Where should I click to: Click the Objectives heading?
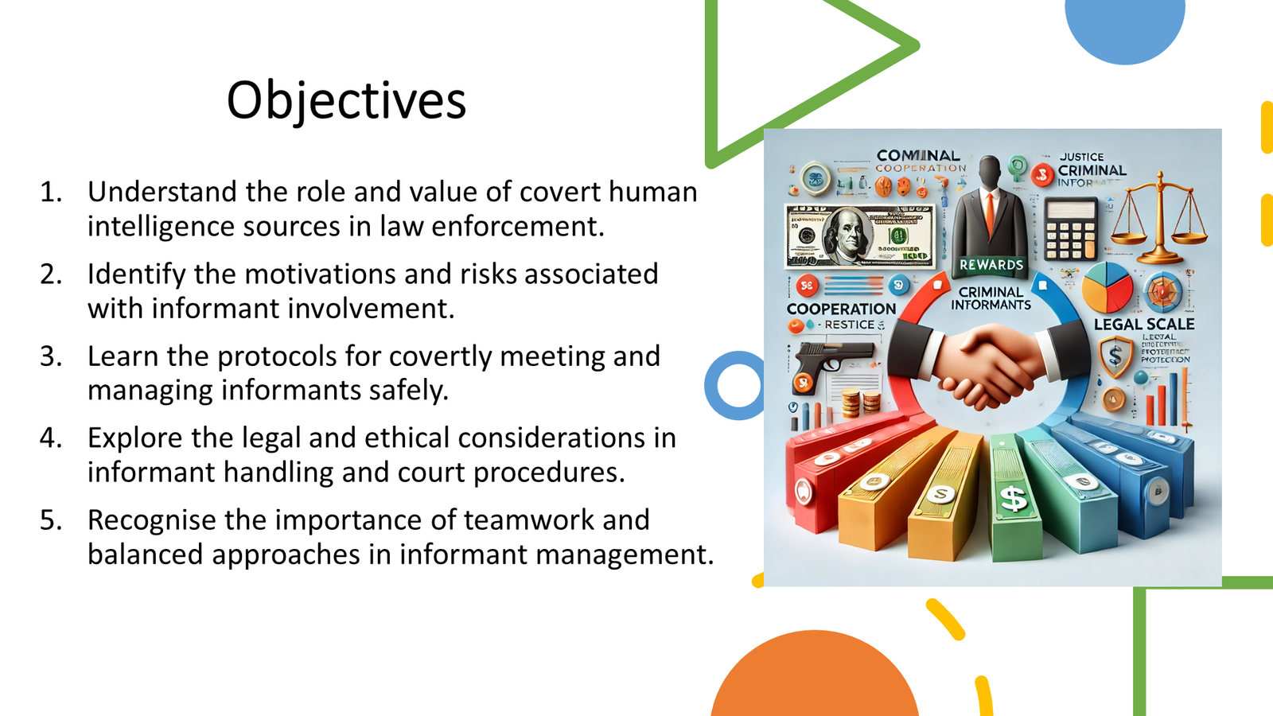click(346, 101)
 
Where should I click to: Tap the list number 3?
click(51, 356)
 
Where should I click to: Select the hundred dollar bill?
click(859, 236)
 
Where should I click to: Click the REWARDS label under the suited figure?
click(991, 265)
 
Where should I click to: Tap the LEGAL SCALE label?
click(1143, 325)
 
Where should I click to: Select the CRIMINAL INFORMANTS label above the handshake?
click(991, 298)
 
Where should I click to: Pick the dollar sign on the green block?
click(1014, 500)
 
